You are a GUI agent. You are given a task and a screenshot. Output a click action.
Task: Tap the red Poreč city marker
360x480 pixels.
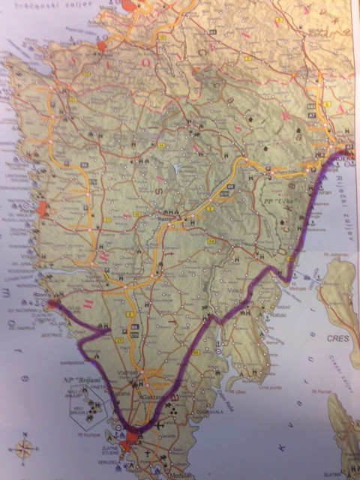point(43,210)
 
